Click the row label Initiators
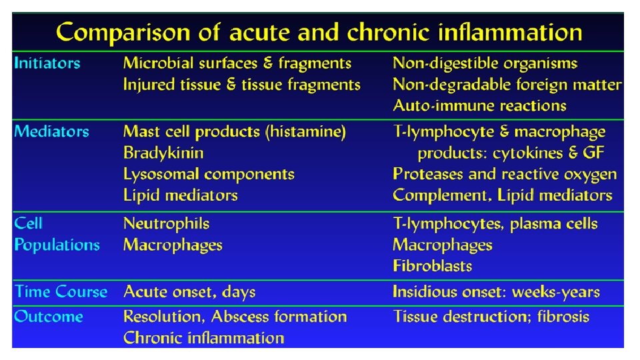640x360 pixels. pyautogui.click(x=47, y=63)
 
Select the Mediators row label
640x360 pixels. pyautogui.click(x=51, y=131)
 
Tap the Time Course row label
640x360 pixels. pyautogui.click(x=61, y=292)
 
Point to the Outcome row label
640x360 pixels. pyautogui.click(x=49, y=316)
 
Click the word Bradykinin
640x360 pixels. pyautogui.click(x=163, y=153)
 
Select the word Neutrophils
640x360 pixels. pyautogui.click(x=166, y=223)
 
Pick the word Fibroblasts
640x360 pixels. pyautogui.click(x=432, y=266)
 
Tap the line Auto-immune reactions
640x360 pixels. pyautogui.click(x=479, y=105)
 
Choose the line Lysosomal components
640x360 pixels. pyautogui.click(x=209, y=174)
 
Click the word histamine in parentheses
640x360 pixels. pyautogui.click(x=305, y=132)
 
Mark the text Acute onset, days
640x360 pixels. pyautogui.click(x=189, y=292)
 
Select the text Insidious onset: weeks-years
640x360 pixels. pyautogui.click(x=496, y=292)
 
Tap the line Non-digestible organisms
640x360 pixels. pyautogui.click(x=485, y=63)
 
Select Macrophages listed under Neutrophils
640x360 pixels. pyautogui.click(x=173, y=245)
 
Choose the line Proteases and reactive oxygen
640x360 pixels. pyautogui.click(x=505, y=174)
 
